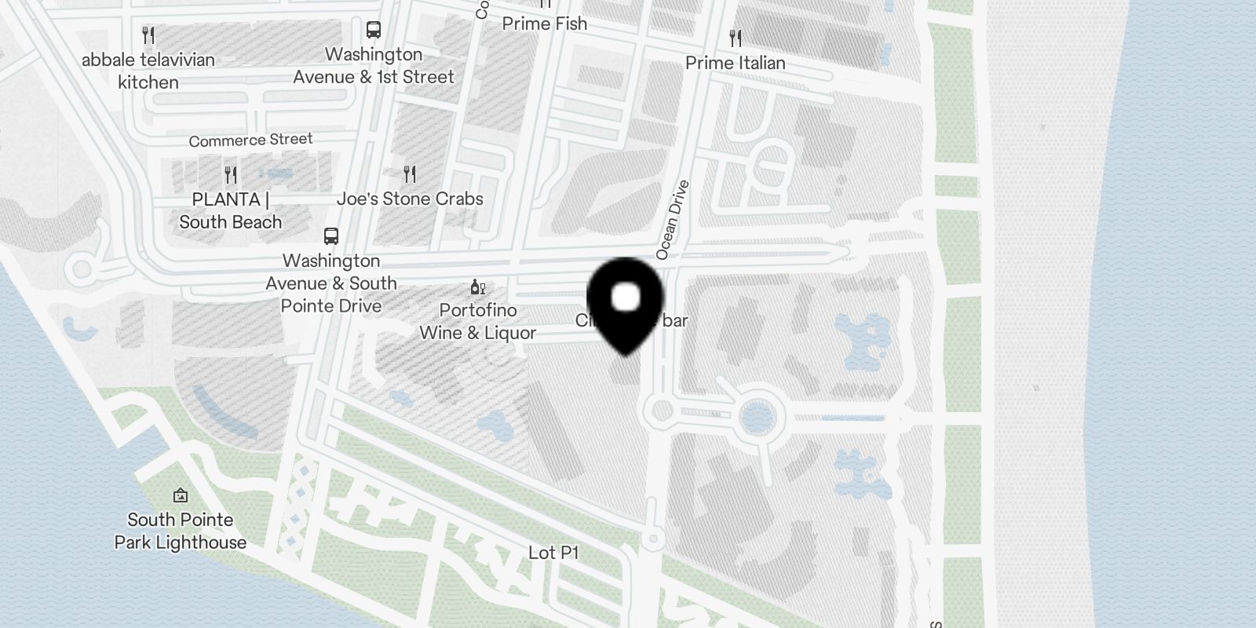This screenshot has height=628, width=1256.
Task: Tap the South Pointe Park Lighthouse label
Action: coord(181,531)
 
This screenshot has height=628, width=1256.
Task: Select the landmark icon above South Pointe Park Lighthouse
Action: coord(181,495)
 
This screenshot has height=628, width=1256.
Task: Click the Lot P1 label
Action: coord(553,553)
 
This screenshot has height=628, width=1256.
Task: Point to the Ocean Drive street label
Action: coord(673,221)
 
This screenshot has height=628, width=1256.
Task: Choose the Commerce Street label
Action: coord(250,141)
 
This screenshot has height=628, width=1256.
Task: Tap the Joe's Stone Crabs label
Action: coord(410,199)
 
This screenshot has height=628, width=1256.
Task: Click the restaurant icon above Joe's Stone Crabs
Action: coord(410,173)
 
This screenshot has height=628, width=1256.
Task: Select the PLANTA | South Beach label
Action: coord(229,210)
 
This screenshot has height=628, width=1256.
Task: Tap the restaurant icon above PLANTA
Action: coord(231,173)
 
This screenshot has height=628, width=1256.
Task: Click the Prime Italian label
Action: coord(735,63)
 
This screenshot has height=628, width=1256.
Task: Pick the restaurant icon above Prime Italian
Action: coord(736,37)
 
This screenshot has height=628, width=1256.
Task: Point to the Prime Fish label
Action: coord(545,24)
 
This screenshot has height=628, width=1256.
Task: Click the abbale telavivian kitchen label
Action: coord(148,71)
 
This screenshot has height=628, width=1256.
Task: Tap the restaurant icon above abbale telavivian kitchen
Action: coord(148,35)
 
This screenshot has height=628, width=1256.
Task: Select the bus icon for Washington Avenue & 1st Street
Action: coord(374,30)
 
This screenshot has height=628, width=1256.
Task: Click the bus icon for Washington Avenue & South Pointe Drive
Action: coord(331,235)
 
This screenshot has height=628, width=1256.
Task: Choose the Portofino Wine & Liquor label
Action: coord(477,322)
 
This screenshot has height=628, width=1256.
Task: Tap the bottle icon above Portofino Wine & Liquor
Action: coord(477,287)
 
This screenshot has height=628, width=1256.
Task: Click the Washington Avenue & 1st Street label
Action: coord(374,66)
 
